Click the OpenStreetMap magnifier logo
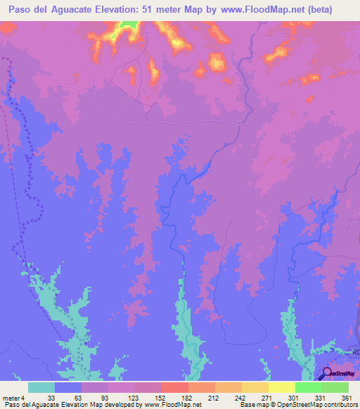(328, 375)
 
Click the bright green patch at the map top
(128, 25)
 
